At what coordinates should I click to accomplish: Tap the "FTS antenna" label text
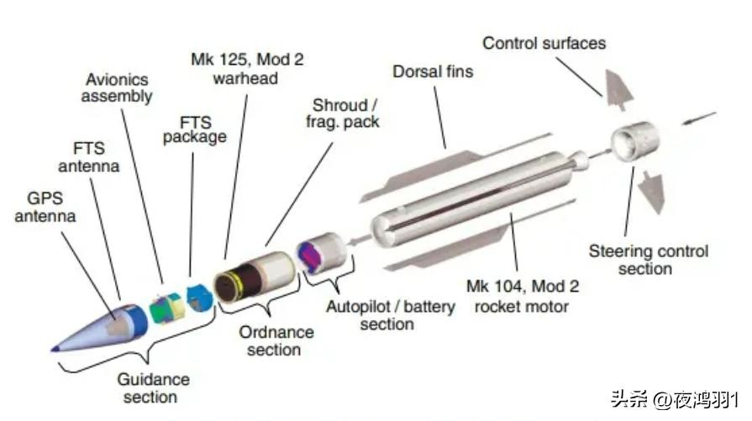[x=88, y=156]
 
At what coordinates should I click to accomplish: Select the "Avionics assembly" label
[x=120, y=87]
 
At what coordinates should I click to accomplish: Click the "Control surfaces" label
[x=544, y=42]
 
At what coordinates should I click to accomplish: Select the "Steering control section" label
[x=648, y=260]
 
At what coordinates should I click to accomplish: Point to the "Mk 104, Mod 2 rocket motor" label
[x=527, y=296]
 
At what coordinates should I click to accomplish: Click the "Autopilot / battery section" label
[x=390, y=314]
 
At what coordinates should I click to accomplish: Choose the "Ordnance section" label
[x=276, y=340]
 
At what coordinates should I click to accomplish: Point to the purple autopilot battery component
[x=317, y=255]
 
